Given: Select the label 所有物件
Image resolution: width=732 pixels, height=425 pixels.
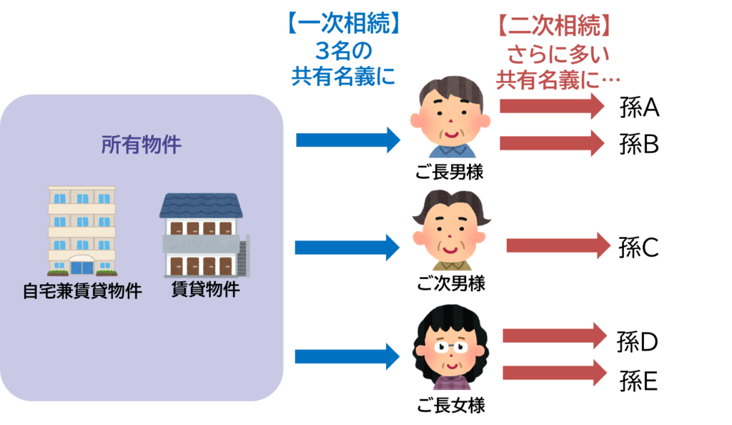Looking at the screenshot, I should point(142,145).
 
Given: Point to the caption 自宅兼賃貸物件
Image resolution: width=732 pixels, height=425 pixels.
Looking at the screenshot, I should point(81,292).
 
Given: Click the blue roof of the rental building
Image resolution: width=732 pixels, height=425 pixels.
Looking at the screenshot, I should point(201,206).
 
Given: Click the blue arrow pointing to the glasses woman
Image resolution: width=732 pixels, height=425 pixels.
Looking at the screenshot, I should point(347,356).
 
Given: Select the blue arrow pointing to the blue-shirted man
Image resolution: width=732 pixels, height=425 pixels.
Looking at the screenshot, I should point(348,140).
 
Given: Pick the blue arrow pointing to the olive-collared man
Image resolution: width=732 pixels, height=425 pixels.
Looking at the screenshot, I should point(347,248).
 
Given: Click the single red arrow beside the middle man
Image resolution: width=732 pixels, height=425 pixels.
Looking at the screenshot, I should point(558,245).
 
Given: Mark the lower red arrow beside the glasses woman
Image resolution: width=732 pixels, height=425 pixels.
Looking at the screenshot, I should point(555,372).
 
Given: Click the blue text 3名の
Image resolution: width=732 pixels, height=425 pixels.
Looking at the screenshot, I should point(343,52).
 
